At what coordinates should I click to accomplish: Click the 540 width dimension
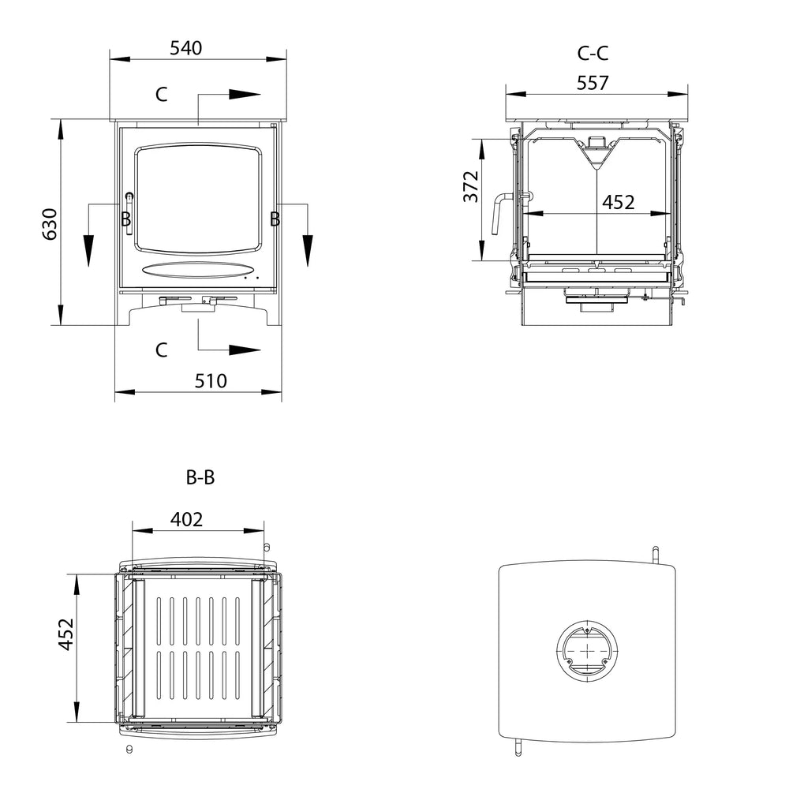(186, 48)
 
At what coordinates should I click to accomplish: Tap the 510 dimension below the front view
(211, 381)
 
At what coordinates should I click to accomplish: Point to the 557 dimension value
(593, 82)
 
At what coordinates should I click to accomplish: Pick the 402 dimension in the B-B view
(187, 519)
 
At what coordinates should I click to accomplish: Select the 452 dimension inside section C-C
(618, 202)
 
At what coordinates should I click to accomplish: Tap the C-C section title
(593, 54)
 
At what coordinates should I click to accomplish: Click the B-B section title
(200, 477)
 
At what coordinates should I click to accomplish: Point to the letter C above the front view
(161, 95)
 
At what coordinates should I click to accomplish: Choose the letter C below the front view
(161, 350)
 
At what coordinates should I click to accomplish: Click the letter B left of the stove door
(125, 219)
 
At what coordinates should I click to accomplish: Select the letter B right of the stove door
(275, 219)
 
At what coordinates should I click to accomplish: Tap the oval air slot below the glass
(193, 269)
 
